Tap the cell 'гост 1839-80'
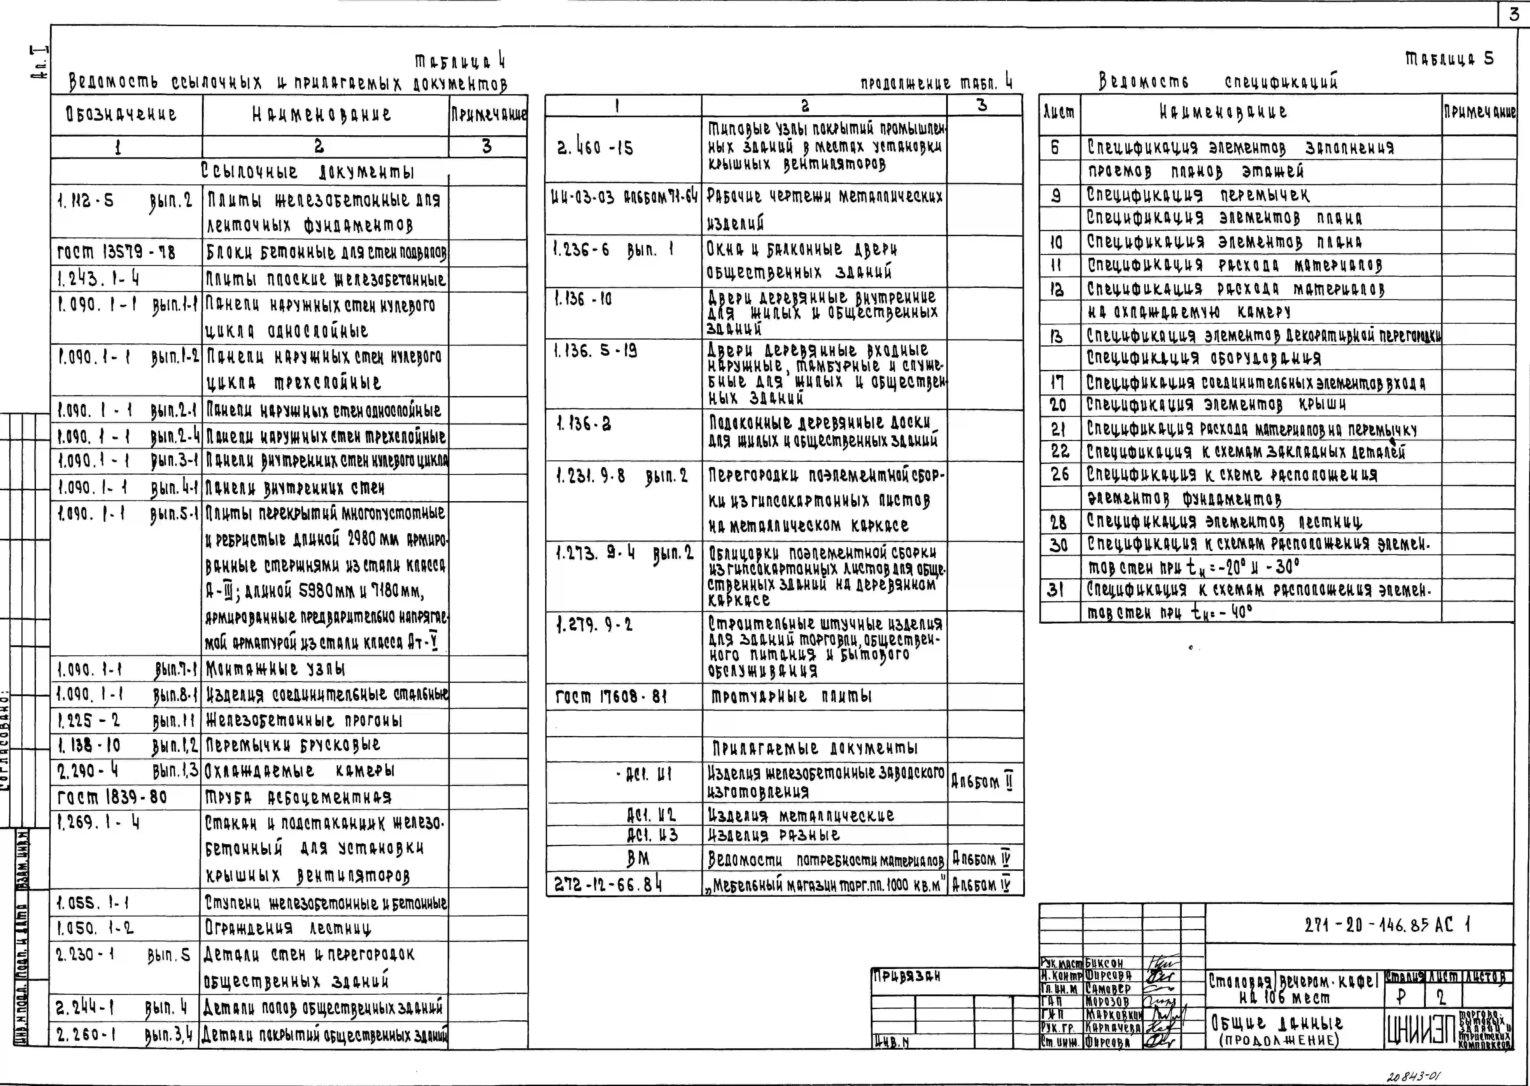(112, 797)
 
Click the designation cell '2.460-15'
(595, 148)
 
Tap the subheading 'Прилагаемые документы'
(814, 748)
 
